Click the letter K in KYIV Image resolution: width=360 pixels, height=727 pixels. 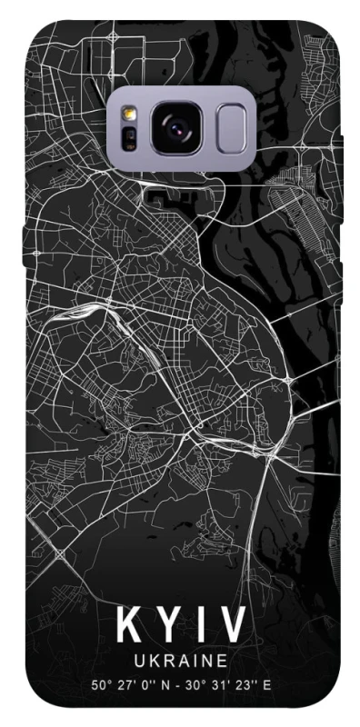pos(128,626)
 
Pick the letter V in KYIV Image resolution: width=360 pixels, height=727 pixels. pos(231,626)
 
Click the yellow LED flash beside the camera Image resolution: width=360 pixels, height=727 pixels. pos(129,114)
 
